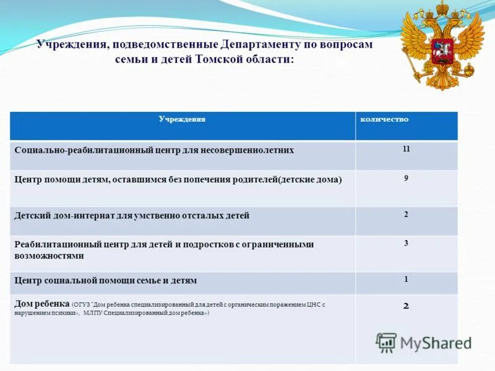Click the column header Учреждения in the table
pyautogui.click(x=182, y=119)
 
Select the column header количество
pyautogui.click(x=384, y=119)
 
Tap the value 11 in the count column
pyautogui.click(x=406, y=149)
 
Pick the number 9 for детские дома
pyautogui.click(x=406, y=178)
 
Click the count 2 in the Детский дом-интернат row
pyautogui.click(x=406, y=214)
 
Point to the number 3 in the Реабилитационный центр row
pyautogui.click(x=406, y=243)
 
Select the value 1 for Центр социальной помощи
pyautogui.click(x=406, y=279)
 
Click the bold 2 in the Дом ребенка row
pyautogui.click(x=406, y=305)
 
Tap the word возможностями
pyautogui.click(x=49, y=255)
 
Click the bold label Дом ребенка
pyautogui.click(x=41, y=304)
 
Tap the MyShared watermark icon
pyautogui.click(x=386, y=342)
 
